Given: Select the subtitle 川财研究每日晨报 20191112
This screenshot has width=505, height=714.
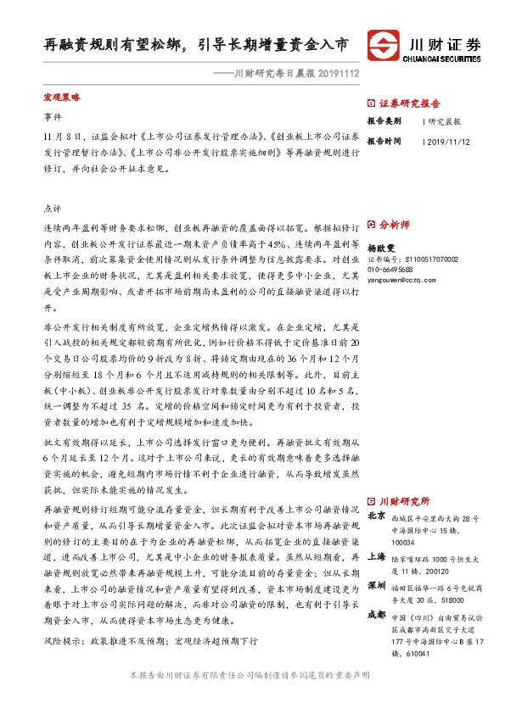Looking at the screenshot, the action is (284, 75).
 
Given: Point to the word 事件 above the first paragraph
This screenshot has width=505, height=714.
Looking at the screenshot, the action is (52, 118).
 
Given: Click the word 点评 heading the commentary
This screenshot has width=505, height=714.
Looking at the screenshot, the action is (52, 208).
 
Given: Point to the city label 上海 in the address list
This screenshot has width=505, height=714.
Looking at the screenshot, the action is (376, 557).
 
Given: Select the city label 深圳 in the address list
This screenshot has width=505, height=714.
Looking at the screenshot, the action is (376, 586).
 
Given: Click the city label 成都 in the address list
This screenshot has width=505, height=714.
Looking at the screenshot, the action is (376, 616).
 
